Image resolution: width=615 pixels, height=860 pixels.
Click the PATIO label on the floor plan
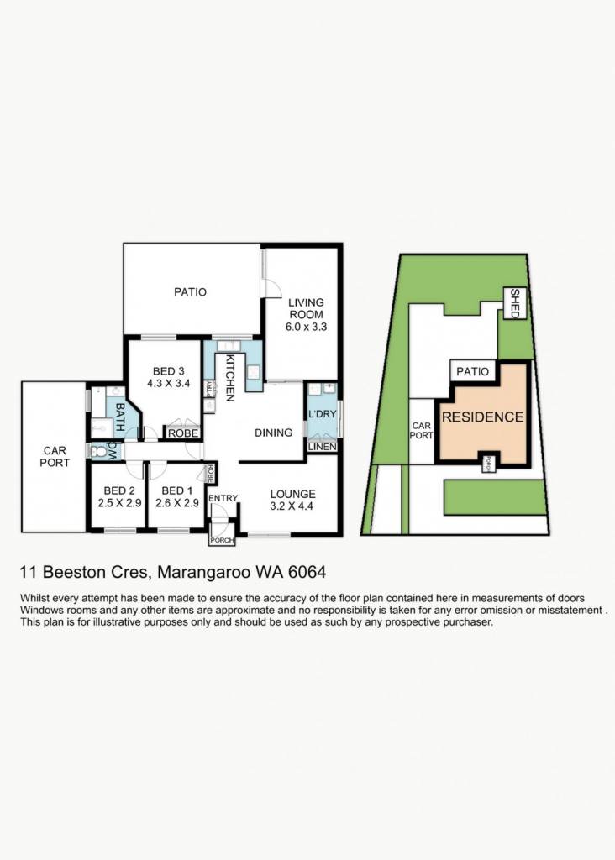[191, 291]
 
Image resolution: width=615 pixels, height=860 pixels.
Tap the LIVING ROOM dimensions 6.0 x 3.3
[306, 328]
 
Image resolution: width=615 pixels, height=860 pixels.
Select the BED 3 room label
[168, 371]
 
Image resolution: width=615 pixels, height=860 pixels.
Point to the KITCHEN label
[230, 378]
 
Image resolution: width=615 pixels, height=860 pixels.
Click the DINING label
[273, 433]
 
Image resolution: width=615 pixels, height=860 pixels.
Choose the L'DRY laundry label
[322, 414]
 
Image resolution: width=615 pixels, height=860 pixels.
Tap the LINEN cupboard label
[322, 447]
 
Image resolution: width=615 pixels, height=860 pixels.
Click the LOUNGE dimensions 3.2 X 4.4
[292, 506]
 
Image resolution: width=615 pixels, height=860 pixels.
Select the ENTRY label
[223, 498]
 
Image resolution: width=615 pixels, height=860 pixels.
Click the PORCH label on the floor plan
[222, 540]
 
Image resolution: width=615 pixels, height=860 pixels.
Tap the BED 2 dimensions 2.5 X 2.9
[119, 503]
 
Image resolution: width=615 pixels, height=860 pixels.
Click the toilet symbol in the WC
[97, 451]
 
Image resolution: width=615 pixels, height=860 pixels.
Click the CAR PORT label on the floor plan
[55, 457]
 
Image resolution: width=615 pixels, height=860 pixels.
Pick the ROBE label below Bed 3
[183, 433]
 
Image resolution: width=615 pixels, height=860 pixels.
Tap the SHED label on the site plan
[515, 303]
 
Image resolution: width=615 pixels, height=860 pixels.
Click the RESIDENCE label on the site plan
[483, 417]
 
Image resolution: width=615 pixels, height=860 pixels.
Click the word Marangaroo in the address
[204, 573]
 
